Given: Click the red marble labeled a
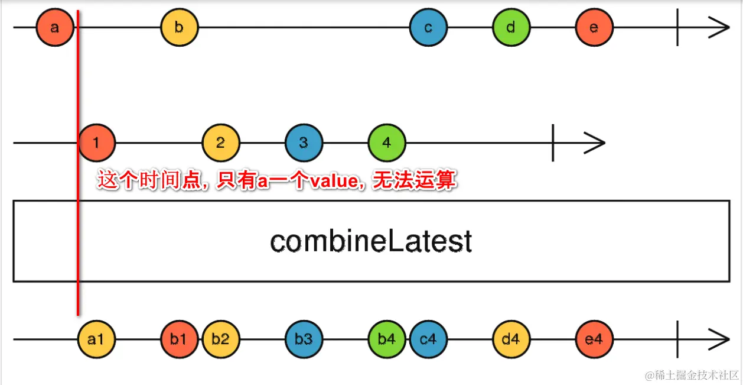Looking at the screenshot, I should [x=54, y=27].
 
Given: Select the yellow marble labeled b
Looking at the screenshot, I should [x=179, y=27].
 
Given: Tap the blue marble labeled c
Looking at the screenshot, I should [x=428, y=27].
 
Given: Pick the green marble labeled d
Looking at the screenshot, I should [x=511, y=27].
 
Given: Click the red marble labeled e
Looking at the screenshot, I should [x=594, y=27].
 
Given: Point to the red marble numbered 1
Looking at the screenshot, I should [x=96, y=143].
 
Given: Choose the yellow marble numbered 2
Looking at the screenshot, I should [x=220, y=143].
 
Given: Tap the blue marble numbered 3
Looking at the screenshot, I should [x=304, y=143].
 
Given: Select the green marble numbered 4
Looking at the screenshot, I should [x=386, y=143].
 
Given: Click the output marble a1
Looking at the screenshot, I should [x=96, y=339].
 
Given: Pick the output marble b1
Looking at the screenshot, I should [x=178, y=339].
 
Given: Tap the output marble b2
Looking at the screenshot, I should [x=220, y=339].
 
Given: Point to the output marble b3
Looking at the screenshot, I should [x=304, y=339].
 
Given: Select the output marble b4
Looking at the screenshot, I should [x=386, y=339].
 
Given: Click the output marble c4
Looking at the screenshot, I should [x=428, y=339].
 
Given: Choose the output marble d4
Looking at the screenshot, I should [x=511, y=339].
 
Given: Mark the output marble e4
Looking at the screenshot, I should [x=594, y=339].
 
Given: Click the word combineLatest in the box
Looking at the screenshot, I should [x=371, y=241].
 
